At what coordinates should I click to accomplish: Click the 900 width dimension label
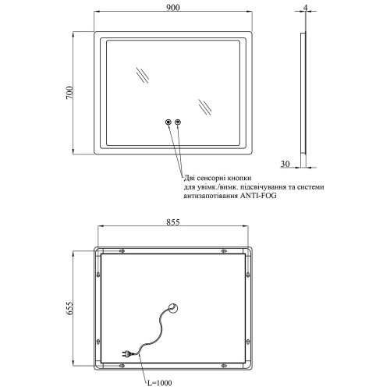[x=173, y=8]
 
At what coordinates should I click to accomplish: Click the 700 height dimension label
[x=69, y=93]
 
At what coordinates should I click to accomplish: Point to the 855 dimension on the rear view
[x=173, y=222]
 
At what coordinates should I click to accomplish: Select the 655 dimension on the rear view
[x=69, y=309]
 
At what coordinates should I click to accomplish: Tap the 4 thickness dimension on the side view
[x=306, y=8]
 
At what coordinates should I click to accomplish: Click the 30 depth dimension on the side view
[x=285, y=164]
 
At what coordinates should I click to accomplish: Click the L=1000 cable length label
[x=159, y=383]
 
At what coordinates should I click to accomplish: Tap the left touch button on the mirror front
[x=168, y=122]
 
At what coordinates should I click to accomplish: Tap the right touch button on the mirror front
[x=178, y=122]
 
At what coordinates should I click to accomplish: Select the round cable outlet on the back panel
[x=173, y=309]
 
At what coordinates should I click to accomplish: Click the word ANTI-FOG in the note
[x=258, y=196]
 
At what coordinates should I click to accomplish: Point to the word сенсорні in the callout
[x=211, y=178]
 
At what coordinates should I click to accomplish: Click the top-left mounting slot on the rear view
[x=122, y=251]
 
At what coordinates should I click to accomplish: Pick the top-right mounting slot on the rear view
[x=224, y=251]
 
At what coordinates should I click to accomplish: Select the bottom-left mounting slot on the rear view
[x=122, y=366]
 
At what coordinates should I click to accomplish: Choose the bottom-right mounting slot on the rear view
[x=224, y=366]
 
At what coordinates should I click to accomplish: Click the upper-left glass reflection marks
[x=143, y=76]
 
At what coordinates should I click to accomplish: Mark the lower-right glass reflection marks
[x=205, y=107]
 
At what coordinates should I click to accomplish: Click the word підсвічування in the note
[x=264, y=187]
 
